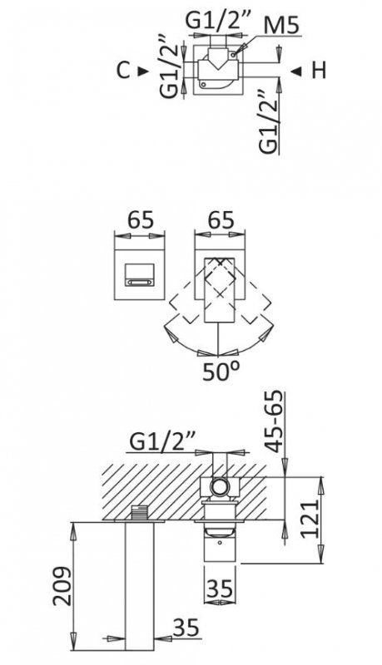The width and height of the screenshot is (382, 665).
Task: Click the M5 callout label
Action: tap(281, 27)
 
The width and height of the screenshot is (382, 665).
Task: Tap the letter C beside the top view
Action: tap(123, 71)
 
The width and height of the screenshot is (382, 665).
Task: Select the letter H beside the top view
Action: tap(319, 71)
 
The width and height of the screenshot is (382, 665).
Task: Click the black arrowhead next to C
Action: tap(143, 71)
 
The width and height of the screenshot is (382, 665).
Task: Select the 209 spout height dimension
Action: tap(62, 586)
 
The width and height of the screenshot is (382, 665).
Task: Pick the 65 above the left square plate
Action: tap(140, 220)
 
